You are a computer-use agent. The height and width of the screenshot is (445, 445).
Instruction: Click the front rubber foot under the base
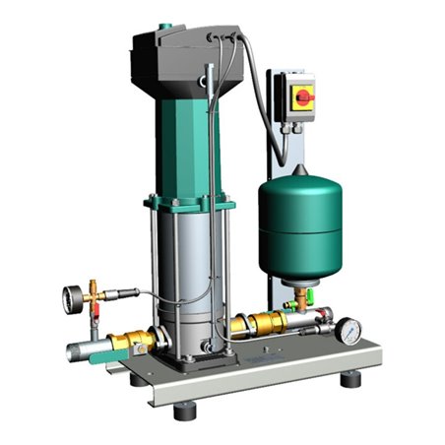[x=184, y=411]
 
